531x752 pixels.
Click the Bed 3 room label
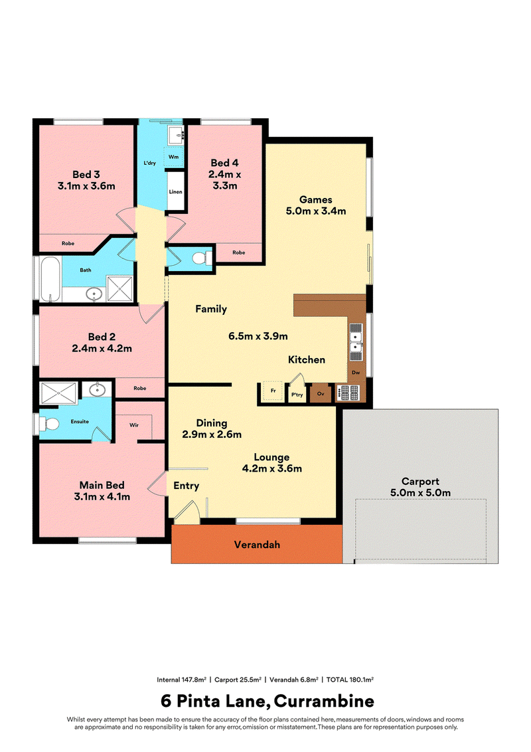click(x=86, y=175)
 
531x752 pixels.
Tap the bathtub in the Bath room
click(x=50, y=278)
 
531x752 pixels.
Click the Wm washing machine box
click(x=173, y=157)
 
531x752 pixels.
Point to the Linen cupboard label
click(x=175, y=192)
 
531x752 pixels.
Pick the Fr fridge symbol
click(x=273, y=391)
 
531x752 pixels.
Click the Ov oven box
click(x=321, y=394)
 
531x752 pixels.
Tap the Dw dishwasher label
click(x=356, y=372)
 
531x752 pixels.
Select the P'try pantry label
click(x=297, y=395)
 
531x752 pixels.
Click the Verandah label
click(x=257, y=544)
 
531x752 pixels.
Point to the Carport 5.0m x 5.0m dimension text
click(x=420, y=492)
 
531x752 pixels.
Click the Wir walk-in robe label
click(x=134, y=425)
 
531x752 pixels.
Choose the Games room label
click(x=316, y=199)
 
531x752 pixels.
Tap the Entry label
click(x=186, y=486)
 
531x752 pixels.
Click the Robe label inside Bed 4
click(x=239, y=252)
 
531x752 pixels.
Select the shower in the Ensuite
click(x=58, y=393)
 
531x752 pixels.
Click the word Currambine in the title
click(x=324, y=701)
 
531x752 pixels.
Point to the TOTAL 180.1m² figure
click(x=350, y=680)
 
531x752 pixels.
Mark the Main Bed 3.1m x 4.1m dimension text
click(x=102, y=497)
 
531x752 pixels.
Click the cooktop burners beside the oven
click(x=348, y=393)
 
